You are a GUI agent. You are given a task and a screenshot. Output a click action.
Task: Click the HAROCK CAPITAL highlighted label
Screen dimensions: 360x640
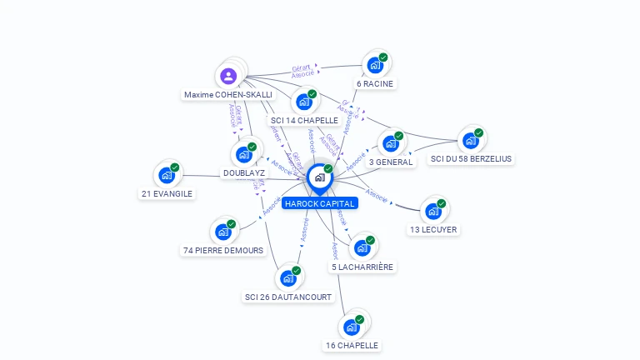click(x=319, y=203)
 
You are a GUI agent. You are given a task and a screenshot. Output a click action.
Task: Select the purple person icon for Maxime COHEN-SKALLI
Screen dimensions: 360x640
click(x=228, y=77)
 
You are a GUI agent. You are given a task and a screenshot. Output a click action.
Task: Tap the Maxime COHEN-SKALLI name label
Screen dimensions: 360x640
click(x=227, y=95)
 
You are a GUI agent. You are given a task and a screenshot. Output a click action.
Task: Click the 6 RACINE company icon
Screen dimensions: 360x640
click(x=375, y=64)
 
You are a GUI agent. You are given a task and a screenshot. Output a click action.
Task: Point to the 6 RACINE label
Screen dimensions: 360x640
click(x=375, y=83)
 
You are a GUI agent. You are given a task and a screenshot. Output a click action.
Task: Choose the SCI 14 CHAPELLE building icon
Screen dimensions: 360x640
click(x=304, y=102)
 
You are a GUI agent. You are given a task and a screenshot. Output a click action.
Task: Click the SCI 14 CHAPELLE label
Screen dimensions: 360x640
click(x=304, y=121)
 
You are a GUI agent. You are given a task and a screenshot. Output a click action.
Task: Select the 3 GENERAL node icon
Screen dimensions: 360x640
click(x=391, y=143)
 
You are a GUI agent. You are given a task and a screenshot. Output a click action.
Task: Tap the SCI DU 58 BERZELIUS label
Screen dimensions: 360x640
click(x=472, y=158)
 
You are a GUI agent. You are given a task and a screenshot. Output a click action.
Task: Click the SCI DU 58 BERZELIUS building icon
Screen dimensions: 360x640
click(x=471, y=140)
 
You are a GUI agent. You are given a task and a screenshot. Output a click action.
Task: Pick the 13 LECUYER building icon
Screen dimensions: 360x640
click(x=433, y=211)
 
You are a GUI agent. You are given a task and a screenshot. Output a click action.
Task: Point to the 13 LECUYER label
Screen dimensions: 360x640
click(x=433, y=229)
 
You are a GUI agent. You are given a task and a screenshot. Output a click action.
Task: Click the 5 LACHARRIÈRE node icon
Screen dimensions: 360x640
click(x=362, y=248)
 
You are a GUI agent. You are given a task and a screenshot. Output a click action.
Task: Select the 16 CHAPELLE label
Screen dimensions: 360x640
click(x=352, y=345)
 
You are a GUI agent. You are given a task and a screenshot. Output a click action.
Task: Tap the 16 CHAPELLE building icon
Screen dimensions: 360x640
click(x=352, y=327)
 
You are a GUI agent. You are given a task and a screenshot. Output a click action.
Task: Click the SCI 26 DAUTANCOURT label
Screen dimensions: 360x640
click(x=287, y=297)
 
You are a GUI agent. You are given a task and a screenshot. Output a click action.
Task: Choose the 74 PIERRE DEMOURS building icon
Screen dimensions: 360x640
click(x=223, y=232)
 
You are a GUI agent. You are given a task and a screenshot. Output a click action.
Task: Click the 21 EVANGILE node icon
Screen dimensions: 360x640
click(x=167, y=176)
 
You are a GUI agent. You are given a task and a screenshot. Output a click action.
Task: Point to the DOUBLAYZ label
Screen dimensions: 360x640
click(x=244, y=173)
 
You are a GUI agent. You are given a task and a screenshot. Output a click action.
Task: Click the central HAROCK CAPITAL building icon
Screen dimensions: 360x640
click(x=319, y=177)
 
